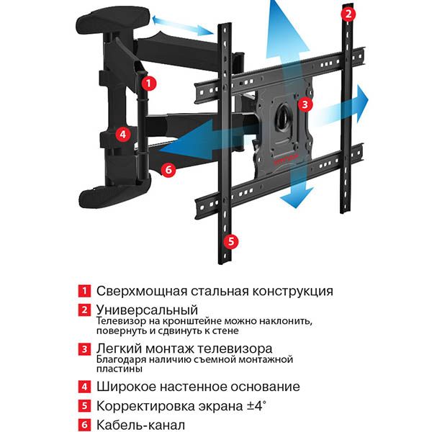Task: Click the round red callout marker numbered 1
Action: [149, 84]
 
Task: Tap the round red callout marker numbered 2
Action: [348, 14]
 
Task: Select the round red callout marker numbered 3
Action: [305, 104]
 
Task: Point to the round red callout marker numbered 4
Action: [123, 134]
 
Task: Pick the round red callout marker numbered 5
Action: [231, 241]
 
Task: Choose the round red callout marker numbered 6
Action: [168, 169]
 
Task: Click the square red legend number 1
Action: [84, 291]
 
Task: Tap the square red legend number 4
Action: [84, 387]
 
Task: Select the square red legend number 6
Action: [84, 425]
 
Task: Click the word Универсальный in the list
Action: [147, 310]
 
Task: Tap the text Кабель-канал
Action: [140, 425]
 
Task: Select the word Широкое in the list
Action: [126, 387]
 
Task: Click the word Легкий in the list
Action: [119, 349]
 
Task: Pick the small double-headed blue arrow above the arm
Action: [182, 25]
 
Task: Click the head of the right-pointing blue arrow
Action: [361, 102]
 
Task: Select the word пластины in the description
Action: [120, 369]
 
